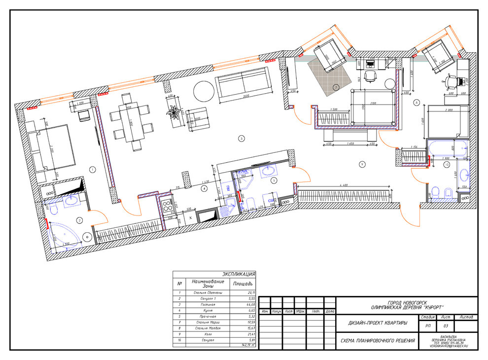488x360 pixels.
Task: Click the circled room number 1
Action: point(92,169)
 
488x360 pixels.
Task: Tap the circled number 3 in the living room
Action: point(241,139)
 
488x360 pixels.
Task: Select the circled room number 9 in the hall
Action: point(362,164)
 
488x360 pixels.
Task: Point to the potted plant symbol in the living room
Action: point(174,113)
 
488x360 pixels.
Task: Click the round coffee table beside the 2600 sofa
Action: point(203,91)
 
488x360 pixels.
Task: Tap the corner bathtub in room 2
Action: point(63,235)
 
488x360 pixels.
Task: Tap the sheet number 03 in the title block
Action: point(446,326)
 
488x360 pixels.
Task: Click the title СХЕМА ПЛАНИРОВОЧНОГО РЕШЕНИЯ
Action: point(378,341)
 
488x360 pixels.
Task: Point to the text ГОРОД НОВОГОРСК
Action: point(407,302)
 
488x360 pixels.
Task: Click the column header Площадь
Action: point(243,284)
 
